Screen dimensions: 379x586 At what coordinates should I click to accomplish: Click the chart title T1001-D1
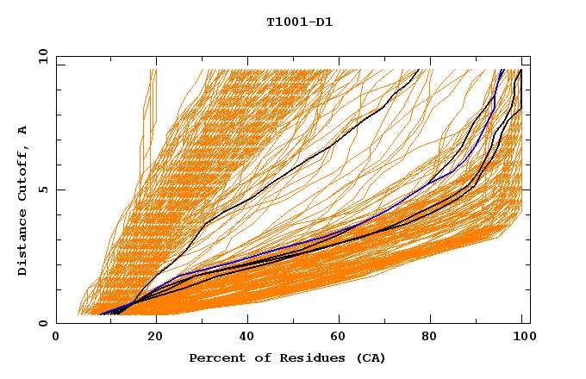299,22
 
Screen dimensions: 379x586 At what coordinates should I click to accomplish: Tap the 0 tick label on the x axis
56,338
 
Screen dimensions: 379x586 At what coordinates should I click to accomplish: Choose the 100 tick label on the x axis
521,338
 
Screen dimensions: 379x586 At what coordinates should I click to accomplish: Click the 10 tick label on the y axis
41,56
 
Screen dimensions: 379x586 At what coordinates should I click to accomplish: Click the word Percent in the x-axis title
214,358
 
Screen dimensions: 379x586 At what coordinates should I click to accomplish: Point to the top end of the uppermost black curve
419,70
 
